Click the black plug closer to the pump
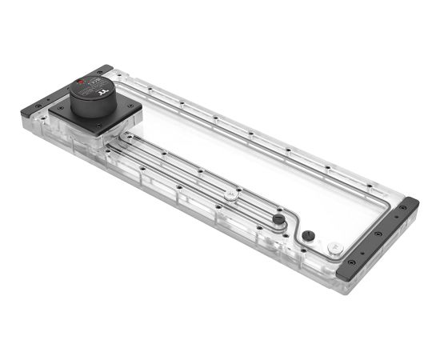[278, 219]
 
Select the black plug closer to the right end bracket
[309, 235]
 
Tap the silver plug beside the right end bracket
[334, 248]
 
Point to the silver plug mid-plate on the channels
[230, 194]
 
